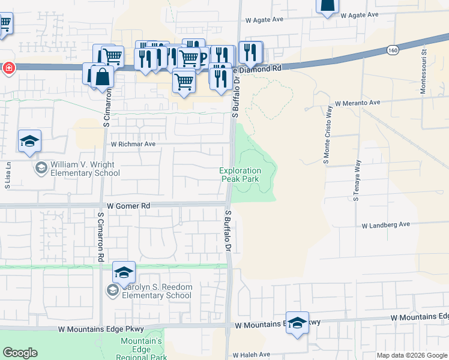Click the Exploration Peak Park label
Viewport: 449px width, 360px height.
pos(240,175)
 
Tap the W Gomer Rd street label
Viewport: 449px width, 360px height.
pos(128,205)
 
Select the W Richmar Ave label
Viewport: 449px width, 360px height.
pos(133,144)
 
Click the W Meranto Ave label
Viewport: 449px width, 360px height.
pos(358,103)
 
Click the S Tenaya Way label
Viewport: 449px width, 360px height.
pos(357,180)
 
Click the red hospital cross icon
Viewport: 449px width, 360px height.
pos(8,67)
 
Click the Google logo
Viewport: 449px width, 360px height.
pos(20,353)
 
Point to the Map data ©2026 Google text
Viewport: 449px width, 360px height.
pos(412,355)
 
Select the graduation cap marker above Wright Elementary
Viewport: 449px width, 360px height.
pos(29,142)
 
